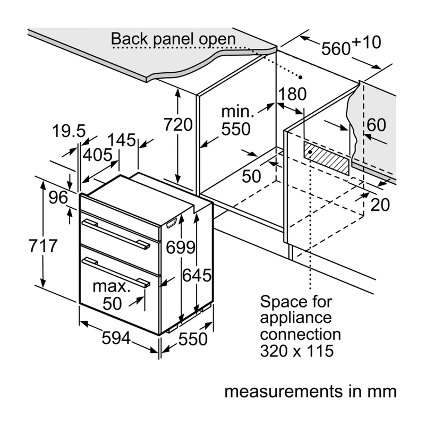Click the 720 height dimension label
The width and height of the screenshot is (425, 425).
[178, 125]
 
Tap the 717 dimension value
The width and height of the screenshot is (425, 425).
[43, 246]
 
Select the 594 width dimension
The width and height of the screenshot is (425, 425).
[116, 338]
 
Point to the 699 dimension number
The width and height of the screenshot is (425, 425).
[180, 248]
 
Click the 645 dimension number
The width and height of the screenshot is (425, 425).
[197, 275]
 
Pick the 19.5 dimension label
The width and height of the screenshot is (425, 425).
[69, 131]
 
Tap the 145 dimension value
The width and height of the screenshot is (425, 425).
[122, 140]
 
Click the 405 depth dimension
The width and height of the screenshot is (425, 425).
[98, 155]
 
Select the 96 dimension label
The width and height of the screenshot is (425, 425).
[58, 197]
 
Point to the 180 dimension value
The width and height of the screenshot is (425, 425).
[293, 94]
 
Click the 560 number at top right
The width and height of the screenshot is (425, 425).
[336, 49]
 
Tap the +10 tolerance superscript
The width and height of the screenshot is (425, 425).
[367, 42]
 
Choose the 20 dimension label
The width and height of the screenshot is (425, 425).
[380, 205]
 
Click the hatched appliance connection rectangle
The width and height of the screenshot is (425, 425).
[326, 158]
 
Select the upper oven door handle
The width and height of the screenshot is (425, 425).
[116, 234]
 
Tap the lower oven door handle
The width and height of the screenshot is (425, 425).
[116, 272]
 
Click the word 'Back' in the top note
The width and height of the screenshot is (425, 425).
[130, 38]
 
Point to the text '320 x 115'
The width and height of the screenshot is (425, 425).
[297, 351]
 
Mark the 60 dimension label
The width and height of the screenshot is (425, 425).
[376, 125]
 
